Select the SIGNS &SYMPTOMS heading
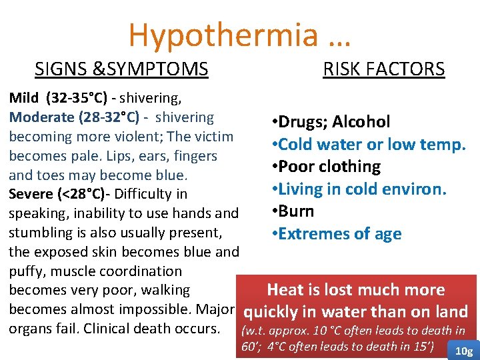click(x=121, y=69)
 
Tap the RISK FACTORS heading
click(x=383, y=69)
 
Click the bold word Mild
click(x=23, y=99)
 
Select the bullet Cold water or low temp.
click(x=368, y=144)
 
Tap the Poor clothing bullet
click(x=326, y=167)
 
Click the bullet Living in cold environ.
click(x=358, y=189)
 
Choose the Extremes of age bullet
click(x=336, y=234)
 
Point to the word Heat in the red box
click(x=285, y=290)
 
